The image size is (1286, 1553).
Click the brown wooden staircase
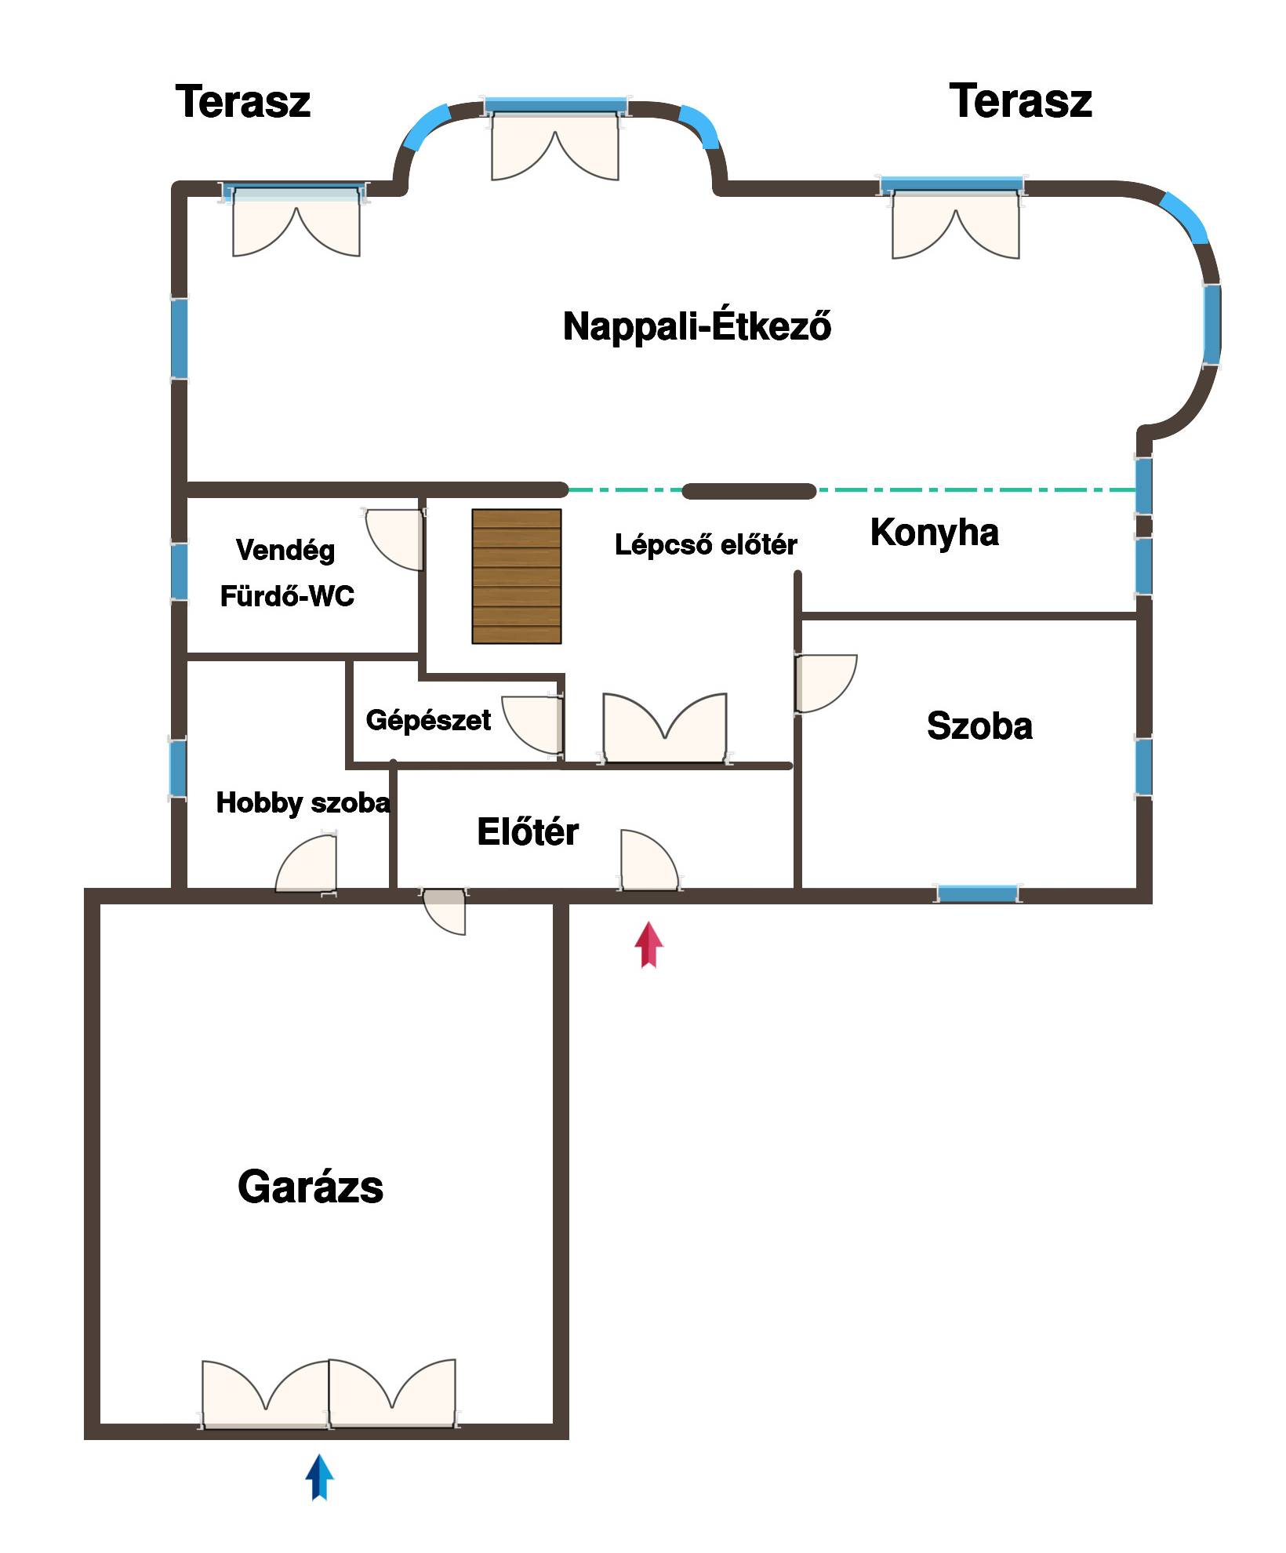[517, 576]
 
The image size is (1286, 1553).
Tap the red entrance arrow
[648, 945]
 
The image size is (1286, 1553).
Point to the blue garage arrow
[319, 1478]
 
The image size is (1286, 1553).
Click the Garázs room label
[311, 1187]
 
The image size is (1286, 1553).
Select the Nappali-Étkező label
[697, 326]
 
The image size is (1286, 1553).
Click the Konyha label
[935, 533]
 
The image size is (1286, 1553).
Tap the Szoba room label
[979, 726]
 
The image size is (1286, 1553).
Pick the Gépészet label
[428, 721]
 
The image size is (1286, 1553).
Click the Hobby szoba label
[303, 803]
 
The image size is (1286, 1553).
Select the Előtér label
[528, 831]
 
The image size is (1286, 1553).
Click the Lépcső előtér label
[706, 544]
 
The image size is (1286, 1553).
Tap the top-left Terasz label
[243, 102]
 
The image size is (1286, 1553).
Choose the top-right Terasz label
[1021, 101]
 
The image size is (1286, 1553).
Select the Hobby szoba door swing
[307, 864]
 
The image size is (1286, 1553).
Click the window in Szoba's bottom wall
[978, 893]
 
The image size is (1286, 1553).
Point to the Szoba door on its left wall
[826, 683]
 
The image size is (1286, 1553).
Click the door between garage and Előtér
[444, 911]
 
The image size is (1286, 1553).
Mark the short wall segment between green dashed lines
[749, 491]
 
